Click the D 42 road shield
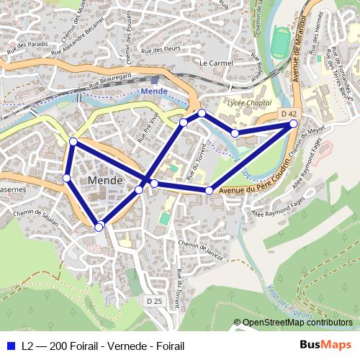click(x=289, y=114)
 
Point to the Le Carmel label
click(x=213, y=63)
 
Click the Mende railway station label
click(x=154, y=91)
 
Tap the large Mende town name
click(x=104, y=179)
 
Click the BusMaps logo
click(x=327, y=346)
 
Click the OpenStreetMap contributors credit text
click(x=297, y=323)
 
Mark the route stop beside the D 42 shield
click(x=294, y=124)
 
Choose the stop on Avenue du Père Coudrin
click(x=209, y=191)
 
